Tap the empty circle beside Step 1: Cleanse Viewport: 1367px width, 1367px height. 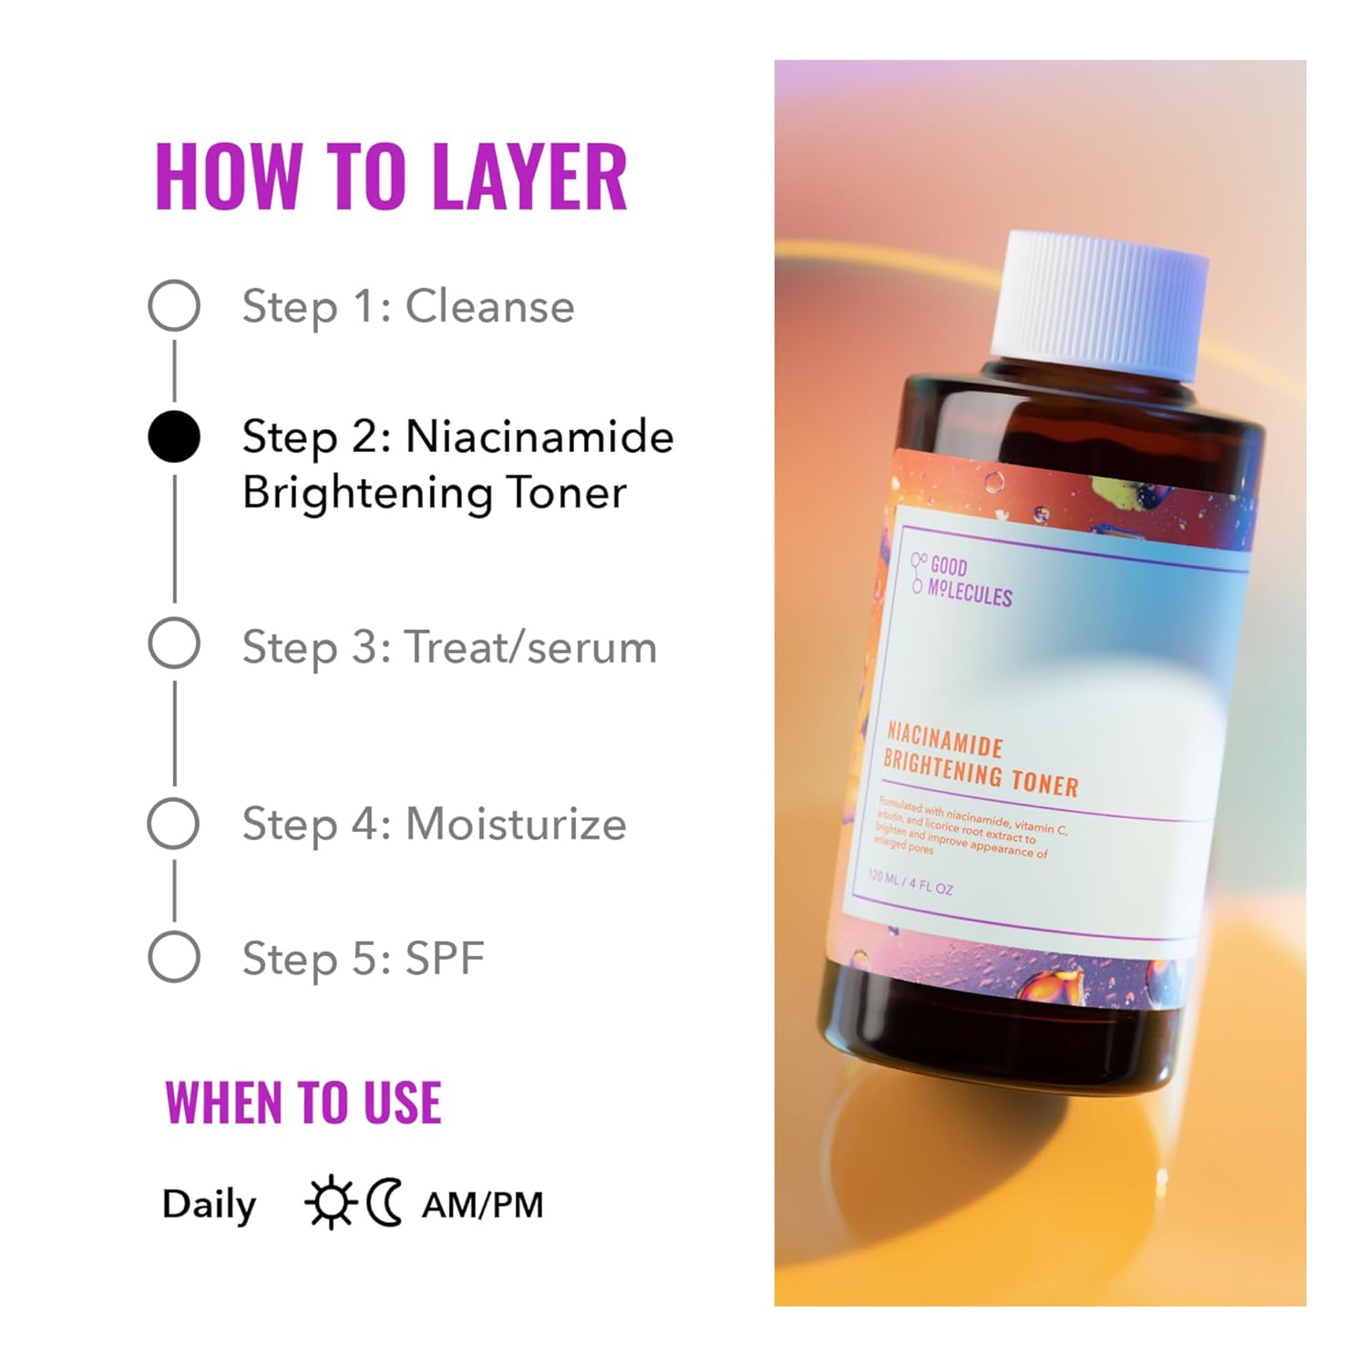[174, 305]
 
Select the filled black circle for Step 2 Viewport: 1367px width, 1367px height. [174, 437]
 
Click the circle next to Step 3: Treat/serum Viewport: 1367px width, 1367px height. [174, 643]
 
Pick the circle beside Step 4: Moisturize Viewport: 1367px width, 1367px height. [173, 824]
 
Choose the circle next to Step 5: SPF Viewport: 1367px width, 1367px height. [174, 957]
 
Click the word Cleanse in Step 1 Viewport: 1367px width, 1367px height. [489, 306]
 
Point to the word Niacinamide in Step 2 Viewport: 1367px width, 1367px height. [540, 437]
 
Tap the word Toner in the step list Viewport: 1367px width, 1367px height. [566, 493]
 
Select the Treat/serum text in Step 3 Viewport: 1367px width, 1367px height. [530, 648]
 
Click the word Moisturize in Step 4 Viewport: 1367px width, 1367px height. [516, 825]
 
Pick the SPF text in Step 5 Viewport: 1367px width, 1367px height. [444, 959]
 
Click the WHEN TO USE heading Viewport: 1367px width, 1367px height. [303, 1103]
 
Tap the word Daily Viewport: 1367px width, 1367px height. [209, 1204]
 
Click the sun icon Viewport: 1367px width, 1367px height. [330, 1203]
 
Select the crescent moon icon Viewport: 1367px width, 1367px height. [385, 1203]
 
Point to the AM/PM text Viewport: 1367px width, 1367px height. [482, 1205]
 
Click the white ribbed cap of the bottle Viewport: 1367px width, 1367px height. [1100, 304]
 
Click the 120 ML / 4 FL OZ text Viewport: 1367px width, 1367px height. [910, 882]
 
